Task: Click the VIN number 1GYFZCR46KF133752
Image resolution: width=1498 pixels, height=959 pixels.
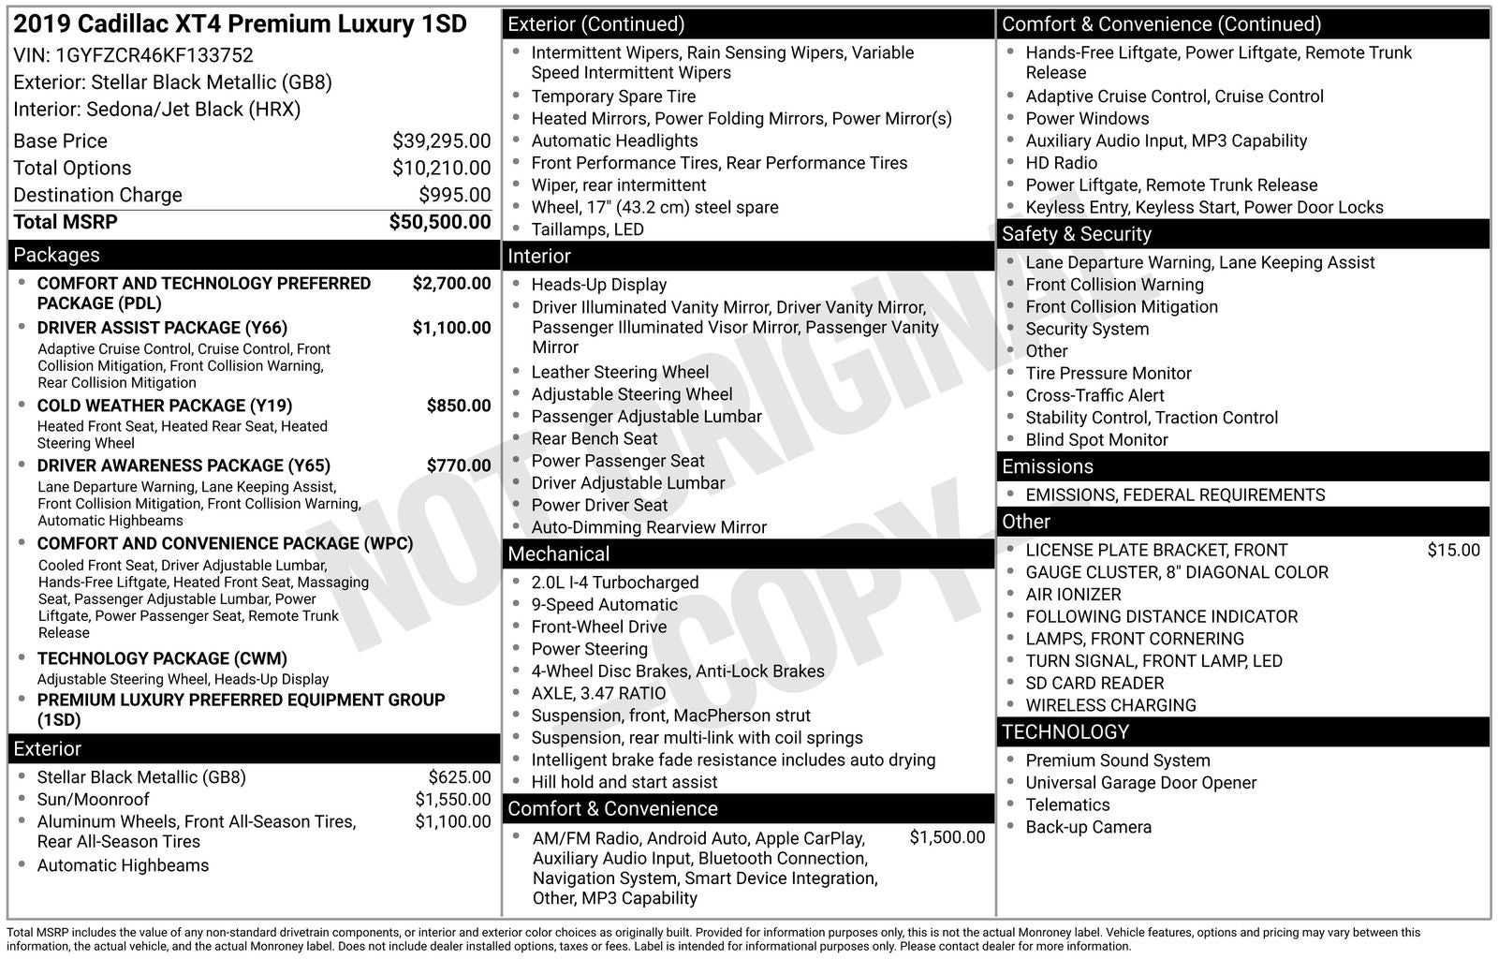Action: tap(154, 55)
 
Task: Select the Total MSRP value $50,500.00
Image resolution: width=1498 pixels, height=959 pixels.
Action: tap(439, 222)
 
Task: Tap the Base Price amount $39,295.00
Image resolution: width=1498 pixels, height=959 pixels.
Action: tap(441, 141)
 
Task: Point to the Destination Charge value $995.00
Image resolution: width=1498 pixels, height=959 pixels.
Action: tap(454, 195)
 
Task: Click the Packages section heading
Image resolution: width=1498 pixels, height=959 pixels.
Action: tap(56, 255)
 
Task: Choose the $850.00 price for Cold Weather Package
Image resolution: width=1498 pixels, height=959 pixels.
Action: tap(458, 406)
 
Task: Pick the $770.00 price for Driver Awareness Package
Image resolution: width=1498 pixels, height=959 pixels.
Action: tap(458, 465)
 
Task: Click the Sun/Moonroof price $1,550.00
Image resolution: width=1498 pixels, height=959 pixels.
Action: tap(452, 799)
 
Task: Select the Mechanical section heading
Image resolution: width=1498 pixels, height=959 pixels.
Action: tap(558, 554)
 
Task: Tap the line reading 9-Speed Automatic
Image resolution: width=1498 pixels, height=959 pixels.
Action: tap(604, 605)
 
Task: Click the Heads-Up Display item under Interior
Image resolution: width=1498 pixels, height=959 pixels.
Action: tap(598, 285)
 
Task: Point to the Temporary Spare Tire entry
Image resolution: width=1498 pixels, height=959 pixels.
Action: tap(613, 96)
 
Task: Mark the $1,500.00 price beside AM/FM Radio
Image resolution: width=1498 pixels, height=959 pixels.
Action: tap(947, 837)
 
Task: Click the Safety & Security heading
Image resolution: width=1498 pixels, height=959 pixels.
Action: tap(1076, 234)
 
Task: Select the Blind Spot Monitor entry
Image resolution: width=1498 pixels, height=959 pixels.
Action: tap(1096, 440)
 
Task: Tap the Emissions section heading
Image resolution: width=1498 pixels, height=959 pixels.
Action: tap(1047, 466)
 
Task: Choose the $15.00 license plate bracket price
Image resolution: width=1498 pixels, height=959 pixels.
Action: tap(1453, 551)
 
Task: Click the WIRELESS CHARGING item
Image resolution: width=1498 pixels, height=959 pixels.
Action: tap(1110, 705)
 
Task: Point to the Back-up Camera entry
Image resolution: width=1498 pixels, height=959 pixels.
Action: tap(1088, 827)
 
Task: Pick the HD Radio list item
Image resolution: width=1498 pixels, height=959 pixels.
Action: tap(1061, 163)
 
